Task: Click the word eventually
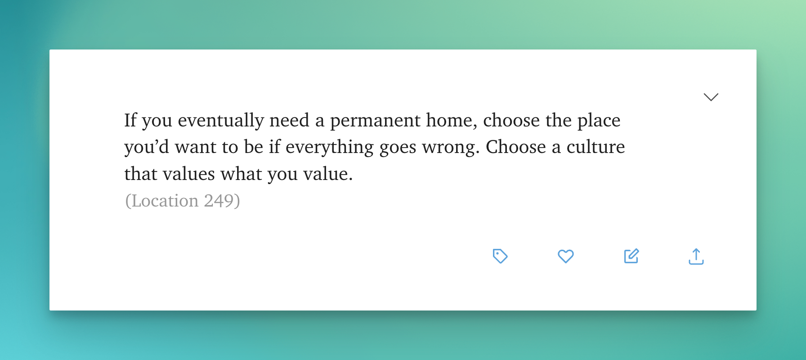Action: pyautogui.click(x=221, y=121)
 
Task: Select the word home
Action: pyautogui.click(x=452, y=120)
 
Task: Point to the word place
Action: pyautogui.click(x=599, y=121)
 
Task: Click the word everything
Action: pyautogui.click(x=329, y=148)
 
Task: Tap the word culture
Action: pyautogui.click(x=596, y=147)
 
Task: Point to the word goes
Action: pyautogui.click(x=398, y=148)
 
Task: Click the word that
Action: pyautogui.click(x=141, y=174)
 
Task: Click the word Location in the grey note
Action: pyautogui.click(x=165, y=201)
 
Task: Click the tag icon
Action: pyautogui.click(x=500, y=256)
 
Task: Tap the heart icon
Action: pyautogui.click(x=566, y=256)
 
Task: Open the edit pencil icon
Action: pyautogui.click(x=631, y=256)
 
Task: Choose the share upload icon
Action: pyautogui.click(x=696, y=256)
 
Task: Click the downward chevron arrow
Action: pyautogui.click(x=711, y=97)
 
